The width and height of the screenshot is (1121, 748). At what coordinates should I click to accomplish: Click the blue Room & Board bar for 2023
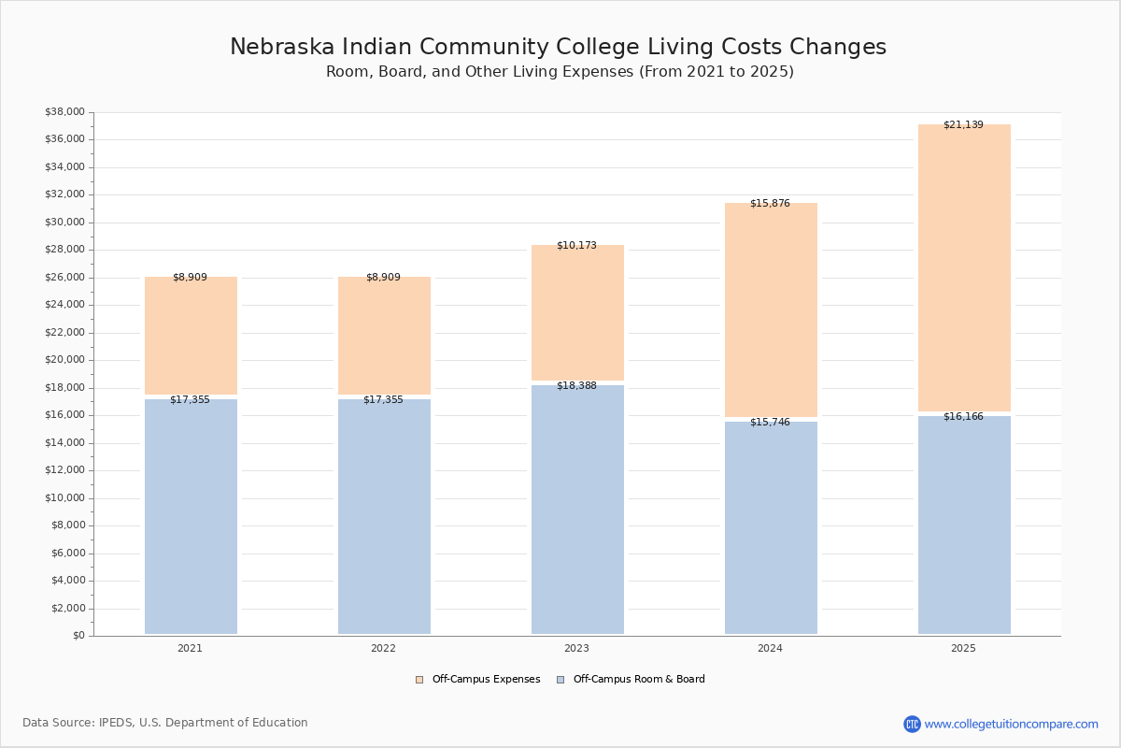tap(577, 510)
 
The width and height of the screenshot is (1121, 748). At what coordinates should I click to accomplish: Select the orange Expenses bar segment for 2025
tap(964, 268)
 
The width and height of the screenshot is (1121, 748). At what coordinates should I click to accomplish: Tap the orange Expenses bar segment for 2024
tap(772, 309)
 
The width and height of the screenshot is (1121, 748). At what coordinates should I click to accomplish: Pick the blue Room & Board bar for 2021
tap(191, 516)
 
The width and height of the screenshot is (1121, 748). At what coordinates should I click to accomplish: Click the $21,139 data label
tap(963, 124)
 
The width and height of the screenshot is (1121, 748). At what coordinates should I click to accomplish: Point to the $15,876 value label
tap(770, 204)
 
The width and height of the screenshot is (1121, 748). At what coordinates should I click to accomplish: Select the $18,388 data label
tap(576, 386)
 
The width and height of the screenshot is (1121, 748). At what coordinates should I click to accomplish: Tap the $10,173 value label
tap(576, 246)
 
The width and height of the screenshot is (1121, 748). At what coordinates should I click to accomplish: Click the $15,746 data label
tap(770, 423)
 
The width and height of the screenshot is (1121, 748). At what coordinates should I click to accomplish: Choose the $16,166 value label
tap(963, 417)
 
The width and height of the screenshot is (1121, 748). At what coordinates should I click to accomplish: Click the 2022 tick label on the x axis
tap(383, 648)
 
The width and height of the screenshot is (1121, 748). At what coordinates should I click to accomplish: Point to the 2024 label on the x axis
tap(770, 648)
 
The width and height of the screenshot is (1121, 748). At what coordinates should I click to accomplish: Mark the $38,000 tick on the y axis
tap(65, 111)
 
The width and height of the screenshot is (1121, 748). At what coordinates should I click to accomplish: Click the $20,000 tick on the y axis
tap(65, 360)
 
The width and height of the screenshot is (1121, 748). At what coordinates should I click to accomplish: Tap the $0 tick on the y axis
tap(79, 635)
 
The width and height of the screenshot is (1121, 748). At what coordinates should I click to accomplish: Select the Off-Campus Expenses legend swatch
tap(419, 680)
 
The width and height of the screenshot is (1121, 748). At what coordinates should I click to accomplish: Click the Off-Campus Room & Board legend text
tap(639, 680)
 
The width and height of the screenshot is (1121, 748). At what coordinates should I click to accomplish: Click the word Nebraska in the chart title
tap(282, 47)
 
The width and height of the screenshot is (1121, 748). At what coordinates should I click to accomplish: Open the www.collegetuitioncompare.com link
tap(1011, 725)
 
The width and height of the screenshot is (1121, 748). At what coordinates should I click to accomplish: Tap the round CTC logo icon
tap(912, 724)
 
